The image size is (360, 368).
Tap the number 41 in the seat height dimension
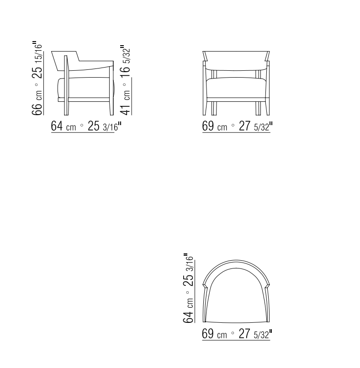pos(125,110)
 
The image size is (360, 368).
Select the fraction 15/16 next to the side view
pos(38,53)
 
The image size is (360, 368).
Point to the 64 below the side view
pos(57,126)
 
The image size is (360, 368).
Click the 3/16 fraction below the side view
pos(110,127)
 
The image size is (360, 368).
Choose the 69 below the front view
pos(208,126)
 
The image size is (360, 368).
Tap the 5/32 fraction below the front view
pos(261,127)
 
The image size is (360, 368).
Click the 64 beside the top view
pos(188,317)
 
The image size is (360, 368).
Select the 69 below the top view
pos(208,333)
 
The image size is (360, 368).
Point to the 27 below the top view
pos(244,333)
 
